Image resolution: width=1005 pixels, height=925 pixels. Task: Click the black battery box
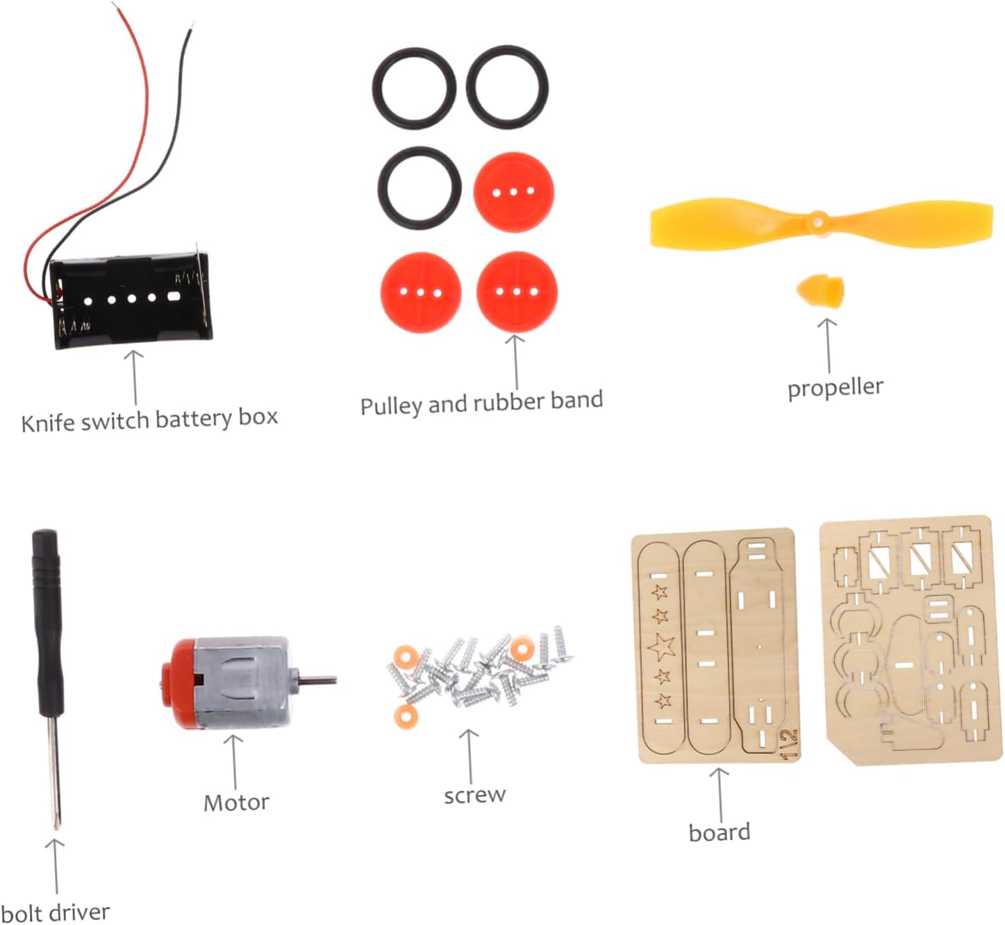coord(131,301)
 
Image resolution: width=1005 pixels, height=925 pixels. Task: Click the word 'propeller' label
coord(835,387)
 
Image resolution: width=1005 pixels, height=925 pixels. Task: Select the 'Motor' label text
coord(236,803)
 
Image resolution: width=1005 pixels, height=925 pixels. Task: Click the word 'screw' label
coord(474,794)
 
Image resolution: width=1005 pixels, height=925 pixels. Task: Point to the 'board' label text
coord(719,832)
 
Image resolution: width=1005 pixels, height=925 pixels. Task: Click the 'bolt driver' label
coord(56,912)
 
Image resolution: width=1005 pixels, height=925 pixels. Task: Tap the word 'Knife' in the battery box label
coord(46,422)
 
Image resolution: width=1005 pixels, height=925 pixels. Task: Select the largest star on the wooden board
coord(661,647)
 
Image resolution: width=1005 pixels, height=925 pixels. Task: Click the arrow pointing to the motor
coord(234,760)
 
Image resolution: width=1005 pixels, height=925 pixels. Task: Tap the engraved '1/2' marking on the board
coord(789,743)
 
